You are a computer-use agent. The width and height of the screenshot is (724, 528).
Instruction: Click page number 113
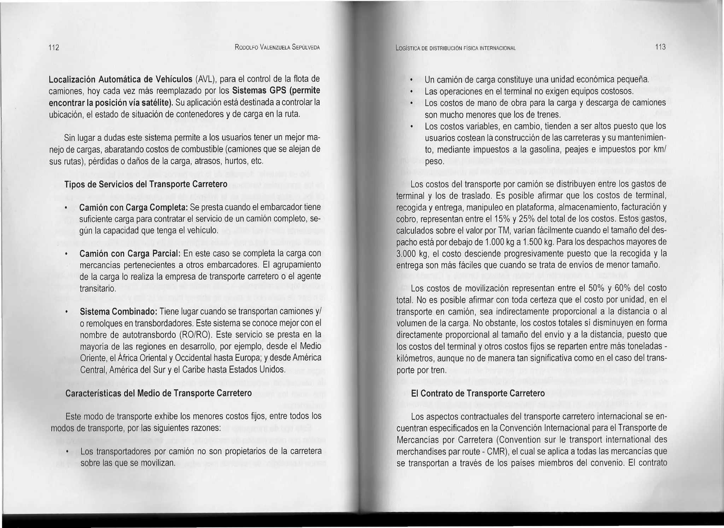coord(660,47)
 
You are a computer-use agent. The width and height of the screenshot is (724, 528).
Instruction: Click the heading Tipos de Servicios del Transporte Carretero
coord(146,185)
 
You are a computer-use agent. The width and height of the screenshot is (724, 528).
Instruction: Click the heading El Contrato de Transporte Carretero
coord(478,394)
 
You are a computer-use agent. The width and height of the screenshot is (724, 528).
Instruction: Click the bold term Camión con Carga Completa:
coord(134,207)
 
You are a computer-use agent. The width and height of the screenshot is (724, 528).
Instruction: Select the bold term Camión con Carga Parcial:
coord(130,254)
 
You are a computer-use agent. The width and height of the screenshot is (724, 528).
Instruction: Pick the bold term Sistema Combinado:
coord(118,312)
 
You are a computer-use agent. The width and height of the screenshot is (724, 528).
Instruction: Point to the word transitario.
coord(98,288)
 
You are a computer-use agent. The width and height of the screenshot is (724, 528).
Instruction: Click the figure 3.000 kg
coord(410,254)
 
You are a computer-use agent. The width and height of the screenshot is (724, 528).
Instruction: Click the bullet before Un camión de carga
coord(411,80)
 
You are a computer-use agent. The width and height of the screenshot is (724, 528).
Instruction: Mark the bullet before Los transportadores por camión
coord(66,452)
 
